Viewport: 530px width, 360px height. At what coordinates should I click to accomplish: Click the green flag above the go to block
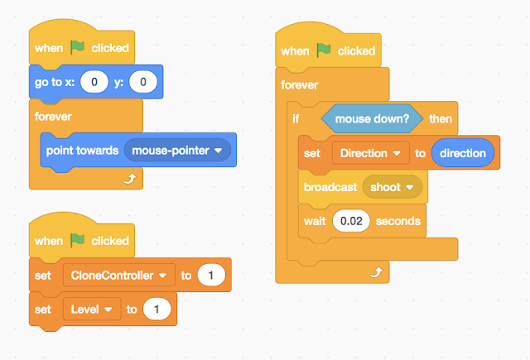point(77,47)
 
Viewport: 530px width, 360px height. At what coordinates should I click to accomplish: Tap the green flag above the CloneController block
point(77,240)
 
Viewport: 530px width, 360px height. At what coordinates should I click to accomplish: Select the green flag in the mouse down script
point(324,50)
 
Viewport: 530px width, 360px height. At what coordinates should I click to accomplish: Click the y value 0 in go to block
point(142,82)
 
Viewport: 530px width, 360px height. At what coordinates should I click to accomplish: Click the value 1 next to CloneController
point(211,275)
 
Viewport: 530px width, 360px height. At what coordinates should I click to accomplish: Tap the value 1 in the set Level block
point(157,309)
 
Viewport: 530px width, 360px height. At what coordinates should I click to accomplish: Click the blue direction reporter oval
point(463,153)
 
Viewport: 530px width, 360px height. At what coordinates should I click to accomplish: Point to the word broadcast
point(330,187)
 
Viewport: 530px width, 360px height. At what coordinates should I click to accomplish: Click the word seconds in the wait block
point(398,221)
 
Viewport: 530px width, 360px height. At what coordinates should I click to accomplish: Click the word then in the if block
point(441,118)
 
